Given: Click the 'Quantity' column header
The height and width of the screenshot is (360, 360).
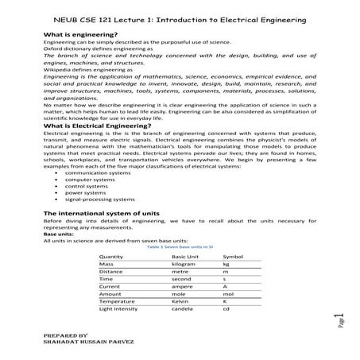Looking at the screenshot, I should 112,257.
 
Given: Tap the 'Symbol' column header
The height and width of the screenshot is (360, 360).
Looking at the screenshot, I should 233,257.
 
